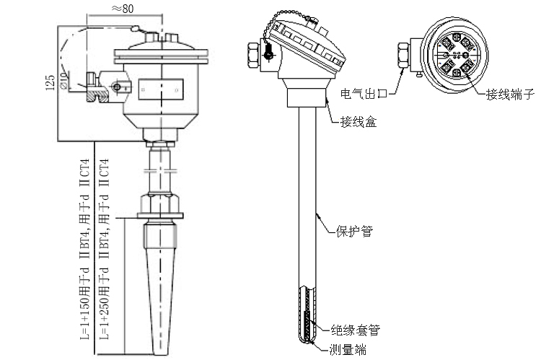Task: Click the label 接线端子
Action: point(509,95)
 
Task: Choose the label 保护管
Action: point(354,232)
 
